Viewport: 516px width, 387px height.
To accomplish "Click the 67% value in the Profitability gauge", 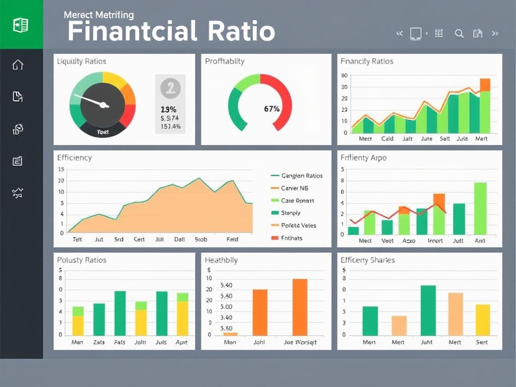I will tap(271, 108).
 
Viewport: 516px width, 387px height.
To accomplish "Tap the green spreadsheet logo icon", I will tap(21, 25).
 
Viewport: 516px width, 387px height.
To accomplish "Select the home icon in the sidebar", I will tap(18, 64).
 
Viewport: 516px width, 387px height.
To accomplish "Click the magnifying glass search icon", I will tap(459, 34).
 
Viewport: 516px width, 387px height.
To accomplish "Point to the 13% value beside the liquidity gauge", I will tap(168, 109).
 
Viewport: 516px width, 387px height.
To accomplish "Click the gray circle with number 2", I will tap(170, 88).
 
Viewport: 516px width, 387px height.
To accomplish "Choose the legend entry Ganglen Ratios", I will tap(301, 176).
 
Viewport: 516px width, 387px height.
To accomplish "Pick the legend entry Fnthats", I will tap(292, 237).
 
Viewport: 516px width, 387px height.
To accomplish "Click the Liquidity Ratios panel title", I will tap(81, 61).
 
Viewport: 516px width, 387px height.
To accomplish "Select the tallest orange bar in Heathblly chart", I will tap(300, 307).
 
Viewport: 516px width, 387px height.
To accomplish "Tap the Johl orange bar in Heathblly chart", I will tap(260, 312).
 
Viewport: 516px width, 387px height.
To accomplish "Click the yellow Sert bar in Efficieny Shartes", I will tap(482, 320).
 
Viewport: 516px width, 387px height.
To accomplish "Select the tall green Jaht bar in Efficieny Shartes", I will tap(428, 310).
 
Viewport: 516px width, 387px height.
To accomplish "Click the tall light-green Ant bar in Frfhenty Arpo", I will tap(480, 209).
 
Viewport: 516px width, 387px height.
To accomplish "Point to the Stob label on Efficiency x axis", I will tap(201, 239).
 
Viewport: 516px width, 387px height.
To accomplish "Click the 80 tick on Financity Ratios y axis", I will tap(345, 76).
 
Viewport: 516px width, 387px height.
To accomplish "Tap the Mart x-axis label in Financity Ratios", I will tap(481, 139).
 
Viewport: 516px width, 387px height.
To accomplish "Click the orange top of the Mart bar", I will tap(485, 85).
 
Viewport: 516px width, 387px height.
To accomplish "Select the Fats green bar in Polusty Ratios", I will tap(120, 313).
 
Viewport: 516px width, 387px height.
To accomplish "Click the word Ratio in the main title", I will tap(237, 31).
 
